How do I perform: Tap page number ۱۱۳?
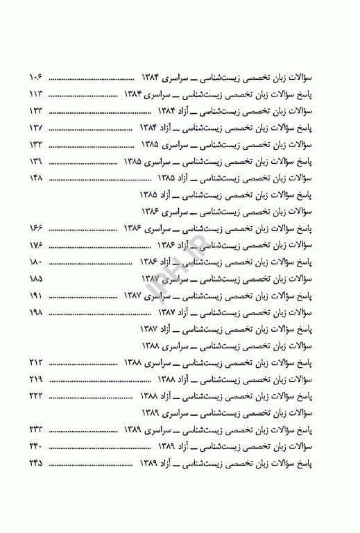click(36, 94)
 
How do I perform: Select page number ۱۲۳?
click(36, 111)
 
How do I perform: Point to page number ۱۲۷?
click(36, 128)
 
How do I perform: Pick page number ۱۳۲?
click(36, 145)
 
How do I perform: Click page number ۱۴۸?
click(36, 178)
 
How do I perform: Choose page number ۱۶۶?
click(36, 228)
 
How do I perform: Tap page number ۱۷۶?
click(36, 245)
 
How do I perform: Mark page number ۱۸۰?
click(36, 262)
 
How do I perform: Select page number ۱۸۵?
click(36, 279)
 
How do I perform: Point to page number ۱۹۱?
click(36, 296)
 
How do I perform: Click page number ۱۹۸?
click(36, 312)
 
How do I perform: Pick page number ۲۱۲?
click(36, 363)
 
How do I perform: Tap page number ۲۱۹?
click(36, 380)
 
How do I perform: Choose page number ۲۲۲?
click(36, 396)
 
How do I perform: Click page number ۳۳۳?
click(36, 430)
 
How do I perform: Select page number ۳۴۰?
click(36, 447)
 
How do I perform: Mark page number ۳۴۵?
click(36, 463)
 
